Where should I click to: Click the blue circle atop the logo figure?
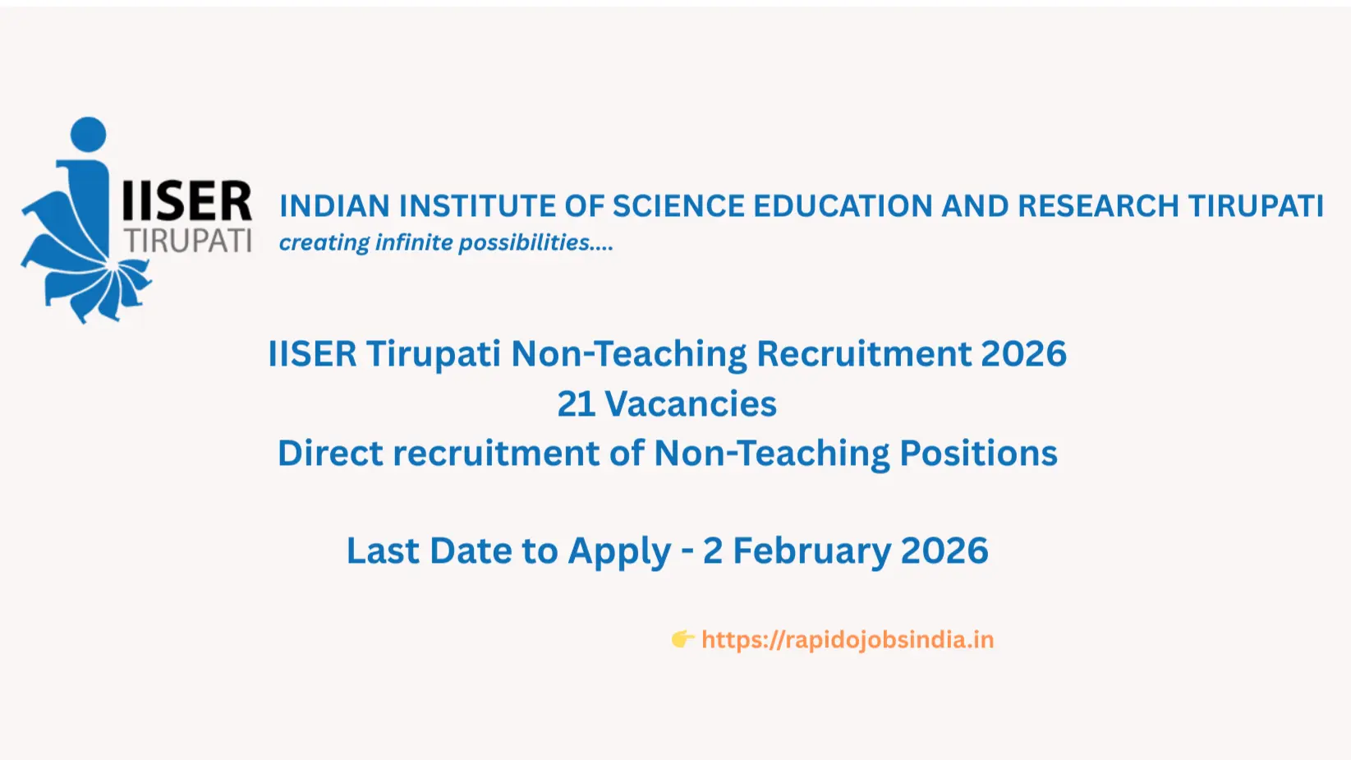[x=89, y=134]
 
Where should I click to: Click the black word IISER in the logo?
[x=186, y=202]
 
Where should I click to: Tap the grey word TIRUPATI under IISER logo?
[x=188, y=241]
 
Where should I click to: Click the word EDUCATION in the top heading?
[x=843, y=206]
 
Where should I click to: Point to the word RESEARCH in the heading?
[x=1098, y=206]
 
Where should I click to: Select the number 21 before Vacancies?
[x=576, y=404]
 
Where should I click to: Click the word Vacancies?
[x=691, y=404]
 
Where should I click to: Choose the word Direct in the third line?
[x=329, y=454]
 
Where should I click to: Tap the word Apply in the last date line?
[x=619, y=551]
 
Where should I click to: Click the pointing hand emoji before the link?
[x=682, y=639]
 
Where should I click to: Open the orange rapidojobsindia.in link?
[x=848, y=640]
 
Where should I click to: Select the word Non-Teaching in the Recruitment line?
[x=628, y=354]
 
